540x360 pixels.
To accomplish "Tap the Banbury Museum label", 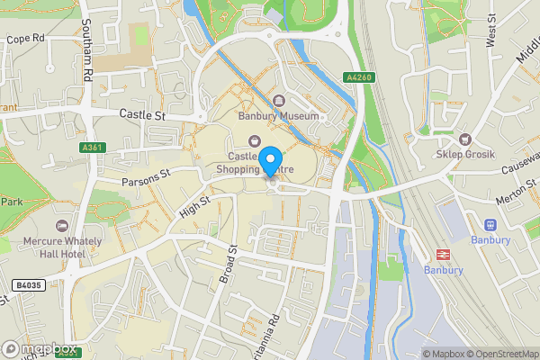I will pyautogui.click(x=278, y=116).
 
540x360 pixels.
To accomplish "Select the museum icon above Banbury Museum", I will pyautogui.click(x=278, y=100).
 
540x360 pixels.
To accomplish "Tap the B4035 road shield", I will pyautogui.click(x=28, y=285).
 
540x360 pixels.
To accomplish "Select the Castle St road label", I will pyautogui.click(x=144, y=114).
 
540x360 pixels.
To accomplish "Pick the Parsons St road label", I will pyautogui.click(x=147, y=176).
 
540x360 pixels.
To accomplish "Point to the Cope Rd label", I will pyautogui.click(x=25, y=40).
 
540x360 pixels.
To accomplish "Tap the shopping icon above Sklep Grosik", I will pyautogui.click(x=465, y=139).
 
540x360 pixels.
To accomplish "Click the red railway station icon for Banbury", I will pyautogui.click(x=443, y=255).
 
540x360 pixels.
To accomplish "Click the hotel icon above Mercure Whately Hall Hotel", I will pyautogui.click(x=62, y=225).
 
